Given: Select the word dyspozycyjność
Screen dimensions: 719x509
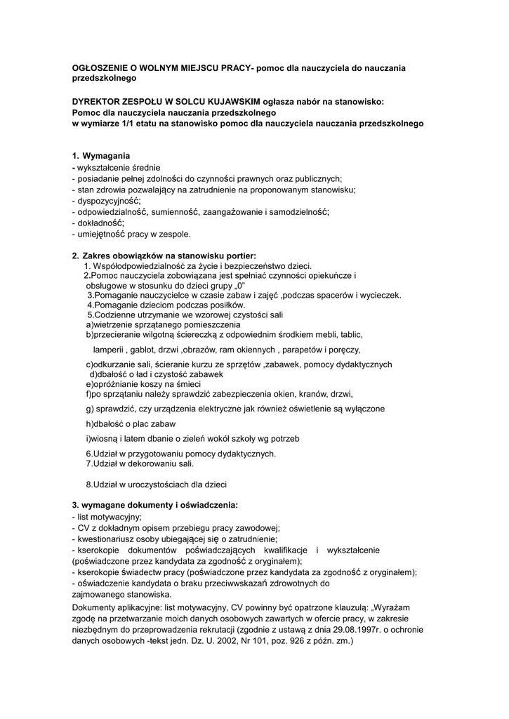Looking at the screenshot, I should point(109,200).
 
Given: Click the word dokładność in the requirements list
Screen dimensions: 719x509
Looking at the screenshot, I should point(99,223).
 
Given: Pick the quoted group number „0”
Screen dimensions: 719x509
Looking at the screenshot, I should point(242,286).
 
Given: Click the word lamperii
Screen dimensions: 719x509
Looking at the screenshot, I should point(109,349).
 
